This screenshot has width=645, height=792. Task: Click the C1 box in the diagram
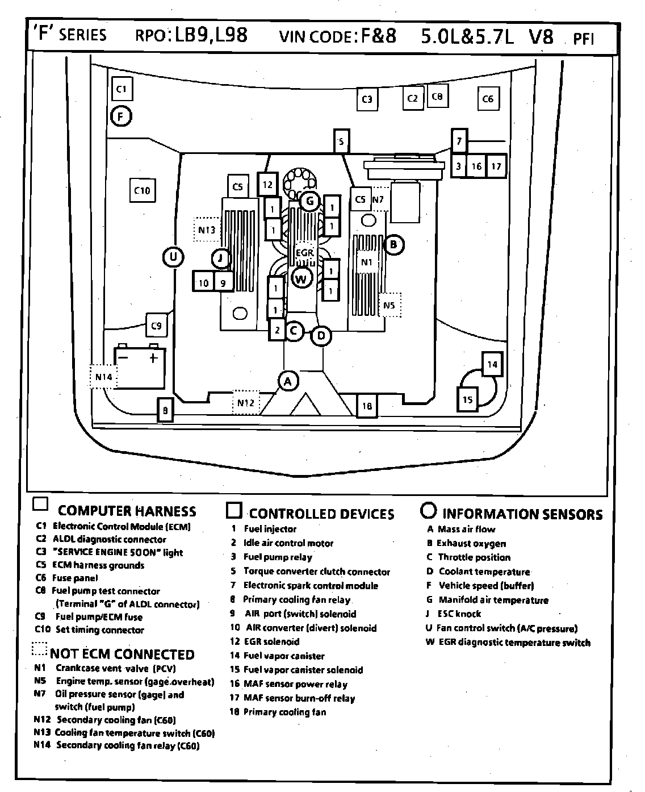point(121,89)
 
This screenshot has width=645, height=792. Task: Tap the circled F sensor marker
point(121,117)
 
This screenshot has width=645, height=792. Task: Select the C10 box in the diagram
point(142,190)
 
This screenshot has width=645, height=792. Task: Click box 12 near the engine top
point(267,185)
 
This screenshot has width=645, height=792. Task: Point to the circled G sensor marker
point(309,201)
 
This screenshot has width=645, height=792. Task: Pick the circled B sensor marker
point(393,245)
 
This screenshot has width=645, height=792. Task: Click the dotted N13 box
point(207,230)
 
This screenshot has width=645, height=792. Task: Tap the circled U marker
point(173,257)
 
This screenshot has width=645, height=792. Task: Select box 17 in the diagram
point(496,166)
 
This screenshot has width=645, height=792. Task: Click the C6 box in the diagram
point(488,99)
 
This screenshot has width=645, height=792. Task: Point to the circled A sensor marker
point(288,381)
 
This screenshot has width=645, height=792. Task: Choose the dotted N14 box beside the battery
point(103,377)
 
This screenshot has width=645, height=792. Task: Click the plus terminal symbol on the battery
point(153,358)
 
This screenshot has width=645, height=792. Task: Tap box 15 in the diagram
point(467,399)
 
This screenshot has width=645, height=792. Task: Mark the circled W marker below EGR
point(301,278)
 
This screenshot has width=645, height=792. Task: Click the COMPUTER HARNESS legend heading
point(127,511)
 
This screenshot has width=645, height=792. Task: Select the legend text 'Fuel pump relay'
point(278,557)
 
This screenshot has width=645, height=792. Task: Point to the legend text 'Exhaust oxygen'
point(471,543)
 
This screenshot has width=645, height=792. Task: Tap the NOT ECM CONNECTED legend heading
point(122,654)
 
